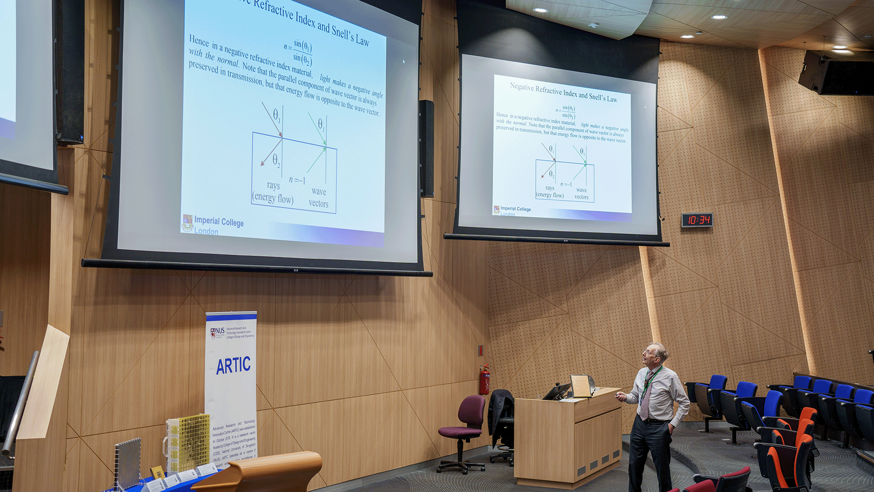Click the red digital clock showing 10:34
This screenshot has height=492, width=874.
pos(696,220)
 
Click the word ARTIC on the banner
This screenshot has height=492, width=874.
pos(233,365)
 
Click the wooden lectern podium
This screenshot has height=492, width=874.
pos(568,437)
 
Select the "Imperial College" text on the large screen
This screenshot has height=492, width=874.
pos(219,222)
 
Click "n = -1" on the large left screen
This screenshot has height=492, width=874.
pos(297,179)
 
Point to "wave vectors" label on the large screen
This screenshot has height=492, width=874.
pos(319,197)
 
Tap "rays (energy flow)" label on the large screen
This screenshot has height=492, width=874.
pos(273,192)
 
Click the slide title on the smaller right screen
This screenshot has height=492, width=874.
pos(563,92)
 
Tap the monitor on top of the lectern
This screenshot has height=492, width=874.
pos(582,385)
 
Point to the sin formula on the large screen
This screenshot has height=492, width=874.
pos(299,52)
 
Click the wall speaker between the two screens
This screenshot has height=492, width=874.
pos(427,148)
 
